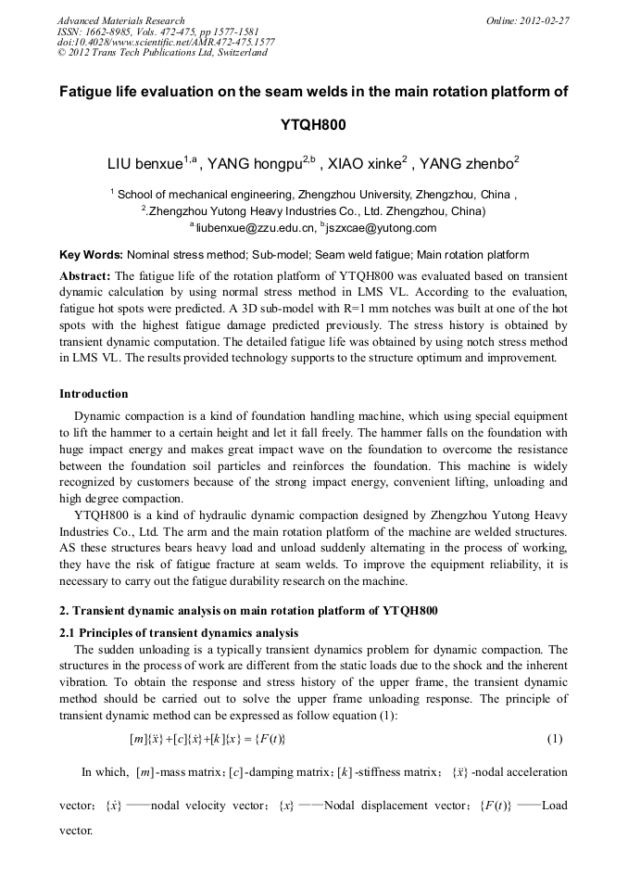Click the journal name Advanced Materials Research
click(120, 20)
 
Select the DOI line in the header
click(166, 42)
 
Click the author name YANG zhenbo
click(465, 166)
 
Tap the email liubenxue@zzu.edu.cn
click(252, 227)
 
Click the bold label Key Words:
click(91, 254)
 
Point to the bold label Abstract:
click(85, 276)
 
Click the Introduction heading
click(94, 394)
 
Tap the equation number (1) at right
click(554, 739)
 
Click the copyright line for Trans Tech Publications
click(162, 53)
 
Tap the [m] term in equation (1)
click(139, 739)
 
